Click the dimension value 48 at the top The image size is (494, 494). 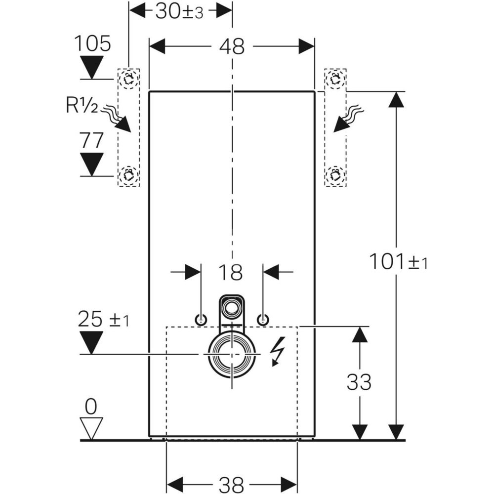(232, 46)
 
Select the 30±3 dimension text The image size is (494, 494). (179, 11)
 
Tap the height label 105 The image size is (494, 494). (92, 44)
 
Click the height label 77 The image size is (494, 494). (92, 140)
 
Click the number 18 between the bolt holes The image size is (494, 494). (231, 272)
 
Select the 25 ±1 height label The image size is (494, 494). (103, 320)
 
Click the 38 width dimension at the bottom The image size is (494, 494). (231, 483)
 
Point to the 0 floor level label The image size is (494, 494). (91, 407)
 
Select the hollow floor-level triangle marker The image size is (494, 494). (91, 428)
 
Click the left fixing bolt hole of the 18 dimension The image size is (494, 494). (201, 320)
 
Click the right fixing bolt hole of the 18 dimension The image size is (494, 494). (263, 320)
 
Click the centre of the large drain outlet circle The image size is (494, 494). (231, 354)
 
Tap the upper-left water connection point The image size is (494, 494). (128, 79)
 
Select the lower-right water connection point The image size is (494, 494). (335, 174)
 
